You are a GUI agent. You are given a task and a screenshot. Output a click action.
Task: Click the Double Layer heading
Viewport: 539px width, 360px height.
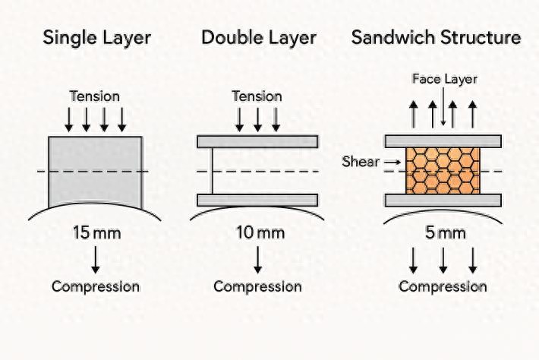(x=260, y=38)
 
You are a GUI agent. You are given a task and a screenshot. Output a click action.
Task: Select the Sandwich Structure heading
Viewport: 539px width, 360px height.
(x=436, y=38)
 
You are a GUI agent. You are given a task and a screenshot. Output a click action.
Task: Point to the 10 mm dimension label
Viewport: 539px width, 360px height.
(x=257, y=232)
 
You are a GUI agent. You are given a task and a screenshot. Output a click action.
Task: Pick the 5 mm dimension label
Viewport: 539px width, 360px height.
(x=443, y=232)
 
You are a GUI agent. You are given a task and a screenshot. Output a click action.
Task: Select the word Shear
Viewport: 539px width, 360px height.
(x=360, y=162)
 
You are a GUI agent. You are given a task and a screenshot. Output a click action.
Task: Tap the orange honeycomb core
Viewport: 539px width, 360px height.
(x=443, y=169)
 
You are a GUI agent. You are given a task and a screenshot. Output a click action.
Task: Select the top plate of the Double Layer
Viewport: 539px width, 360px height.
(x=257, y=141)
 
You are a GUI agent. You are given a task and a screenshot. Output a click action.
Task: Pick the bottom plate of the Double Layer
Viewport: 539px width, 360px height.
(x=257, y=200)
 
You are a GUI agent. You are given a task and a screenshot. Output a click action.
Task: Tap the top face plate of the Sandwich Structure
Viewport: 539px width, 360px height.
(x=443, y=141)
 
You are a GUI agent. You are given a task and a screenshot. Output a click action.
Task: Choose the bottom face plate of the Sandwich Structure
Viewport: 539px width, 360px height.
(x=443, y=200)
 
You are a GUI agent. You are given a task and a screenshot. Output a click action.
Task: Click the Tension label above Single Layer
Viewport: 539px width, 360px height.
(x=96, y=96)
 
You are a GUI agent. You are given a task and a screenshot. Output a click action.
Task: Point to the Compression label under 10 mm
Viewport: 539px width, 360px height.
(x=257, y=286)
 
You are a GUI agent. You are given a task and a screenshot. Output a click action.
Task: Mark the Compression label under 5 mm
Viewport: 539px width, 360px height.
(x=443, y=286)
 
